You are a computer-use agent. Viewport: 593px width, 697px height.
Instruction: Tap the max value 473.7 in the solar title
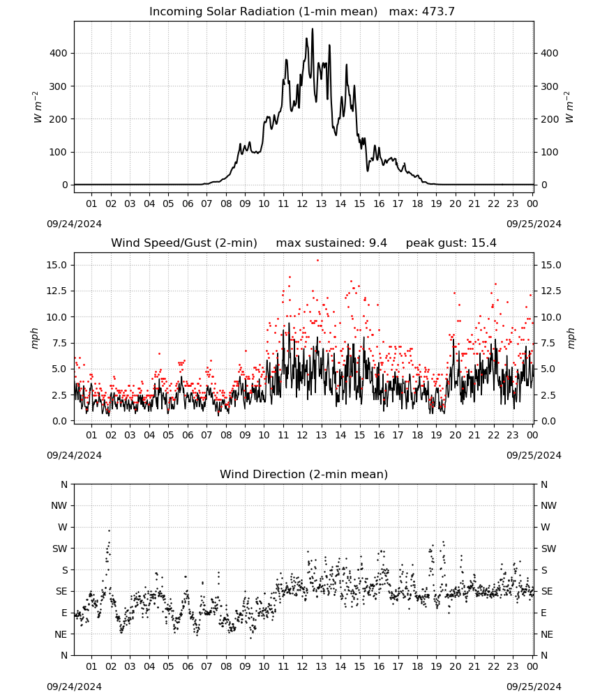pos(438,11)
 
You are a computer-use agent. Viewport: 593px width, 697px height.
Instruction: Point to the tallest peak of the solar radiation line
pos(313,29)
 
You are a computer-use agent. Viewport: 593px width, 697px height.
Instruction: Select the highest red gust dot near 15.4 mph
pos(317,260)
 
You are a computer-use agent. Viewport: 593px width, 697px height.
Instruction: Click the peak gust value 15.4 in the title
pos(484,243)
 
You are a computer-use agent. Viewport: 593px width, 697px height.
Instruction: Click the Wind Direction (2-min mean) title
pos(304,474)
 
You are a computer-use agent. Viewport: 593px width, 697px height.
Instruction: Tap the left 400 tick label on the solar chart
pos(58,53)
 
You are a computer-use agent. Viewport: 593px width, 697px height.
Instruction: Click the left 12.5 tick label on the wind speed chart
pos(57,291)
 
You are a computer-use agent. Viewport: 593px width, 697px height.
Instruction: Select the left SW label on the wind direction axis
pos(60,549)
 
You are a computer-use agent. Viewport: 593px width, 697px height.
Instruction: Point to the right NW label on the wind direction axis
pos(548,505)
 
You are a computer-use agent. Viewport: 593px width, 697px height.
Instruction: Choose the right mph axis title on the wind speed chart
pos(571,338)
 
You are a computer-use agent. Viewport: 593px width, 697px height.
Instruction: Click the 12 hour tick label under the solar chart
pos(303,204)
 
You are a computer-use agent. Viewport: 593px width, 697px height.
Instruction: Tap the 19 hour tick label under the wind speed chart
pos(437,435)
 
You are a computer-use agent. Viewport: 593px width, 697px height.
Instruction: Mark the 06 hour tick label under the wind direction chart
pos(188,666)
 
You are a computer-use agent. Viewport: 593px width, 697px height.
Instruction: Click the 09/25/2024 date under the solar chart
pos(534,224)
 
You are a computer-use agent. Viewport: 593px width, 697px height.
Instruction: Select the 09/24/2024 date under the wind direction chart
pos(74,687)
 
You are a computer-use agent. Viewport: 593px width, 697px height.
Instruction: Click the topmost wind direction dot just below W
pos(109,530)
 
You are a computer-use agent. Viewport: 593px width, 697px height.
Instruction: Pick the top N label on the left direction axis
pos(64,484)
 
